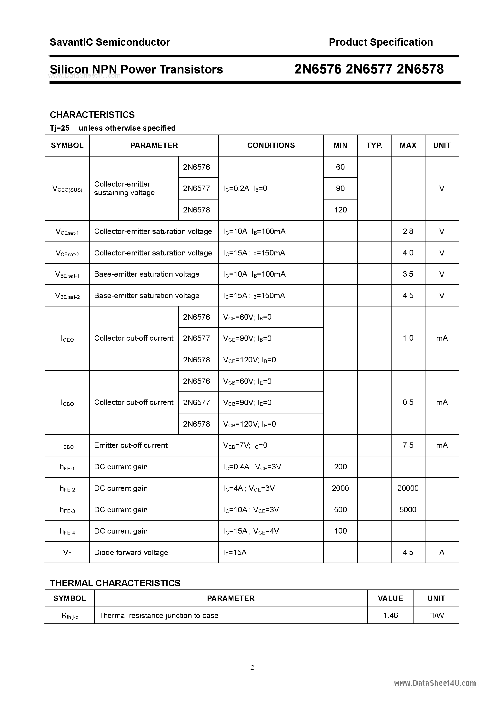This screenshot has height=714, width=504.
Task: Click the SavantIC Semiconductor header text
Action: coord(110,42)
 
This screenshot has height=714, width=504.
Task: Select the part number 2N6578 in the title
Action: coord(420,69)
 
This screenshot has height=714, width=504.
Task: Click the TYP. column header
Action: coord(374,146)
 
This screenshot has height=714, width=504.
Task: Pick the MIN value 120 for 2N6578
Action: coord(340,210)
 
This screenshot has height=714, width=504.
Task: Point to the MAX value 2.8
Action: coord(408,231)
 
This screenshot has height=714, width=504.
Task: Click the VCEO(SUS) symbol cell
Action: coord(67,189)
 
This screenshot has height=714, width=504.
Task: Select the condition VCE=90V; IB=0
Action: coord(247,338)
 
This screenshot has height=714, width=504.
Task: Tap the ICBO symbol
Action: coord(67,403)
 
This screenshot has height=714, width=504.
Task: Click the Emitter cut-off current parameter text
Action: coord(131,445)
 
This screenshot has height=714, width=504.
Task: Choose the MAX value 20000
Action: coord(408,488)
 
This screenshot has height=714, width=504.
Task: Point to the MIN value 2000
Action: coord(340,488)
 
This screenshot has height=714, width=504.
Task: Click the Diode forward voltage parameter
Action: coord(131,553)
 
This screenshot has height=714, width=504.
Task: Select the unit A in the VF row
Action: coord(442,553)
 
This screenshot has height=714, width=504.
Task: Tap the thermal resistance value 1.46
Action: coord(390,616)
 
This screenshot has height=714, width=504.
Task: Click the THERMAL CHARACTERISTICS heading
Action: coord(115,583)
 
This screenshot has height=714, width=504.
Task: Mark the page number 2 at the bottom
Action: coord(252,668)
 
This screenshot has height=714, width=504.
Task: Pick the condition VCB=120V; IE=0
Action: coord(249,424)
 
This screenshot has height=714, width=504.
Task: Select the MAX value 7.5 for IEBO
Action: coord(408,445)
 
